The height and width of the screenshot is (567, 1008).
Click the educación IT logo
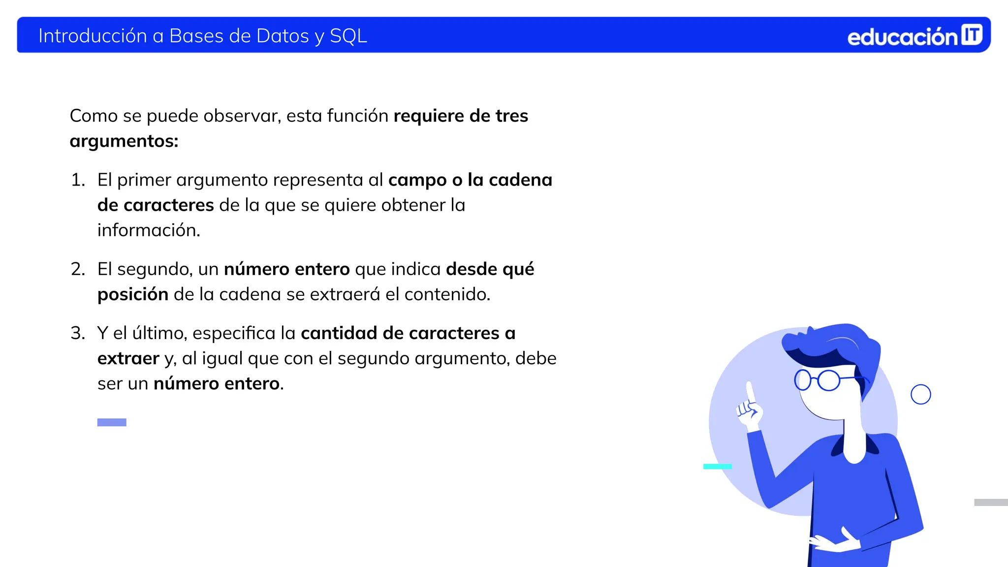(x=914, y=36)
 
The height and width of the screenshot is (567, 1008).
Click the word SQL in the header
(x=348, y=36)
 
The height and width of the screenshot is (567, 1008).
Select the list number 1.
(x=78, y=180)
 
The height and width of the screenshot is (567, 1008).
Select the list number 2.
(x=78, y=269)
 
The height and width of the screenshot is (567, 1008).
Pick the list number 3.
(x=78, y=333)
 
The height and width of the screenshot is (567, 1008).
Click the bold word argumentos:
(x=124, y=142)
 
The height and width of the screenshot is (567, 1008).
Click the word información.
(x=149, y=230)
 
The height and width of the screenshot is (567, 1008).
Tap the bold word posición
(x=133, y=294)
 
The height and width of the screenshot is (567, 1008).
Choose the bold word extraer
(x=128, y=358)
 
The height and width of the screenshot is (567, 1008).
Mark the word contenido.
(x=447, y=294)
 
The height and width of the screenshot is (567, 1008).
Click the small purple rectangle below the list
(x=112, y=422)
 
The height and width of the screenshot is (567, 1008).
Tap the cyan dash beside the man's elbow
(x=717, y=466)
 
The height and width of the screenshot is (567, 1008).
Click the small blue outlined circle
(x=920, y=394)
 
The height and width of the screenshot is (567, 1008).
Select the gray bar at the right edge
(x=991, y=503)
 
